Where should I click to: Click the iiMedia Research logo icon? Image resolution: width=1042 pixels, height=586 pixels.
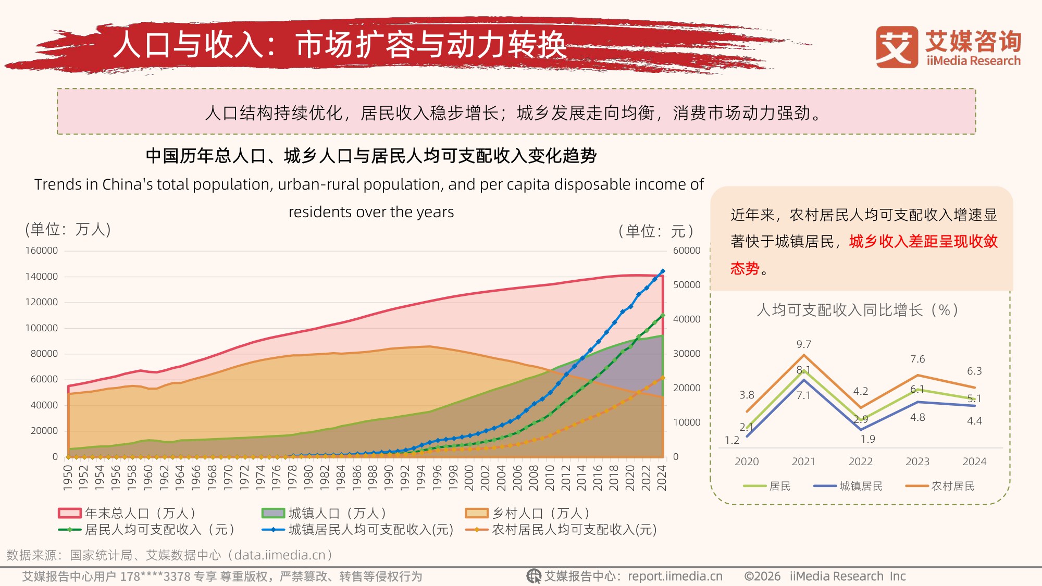point(896,47)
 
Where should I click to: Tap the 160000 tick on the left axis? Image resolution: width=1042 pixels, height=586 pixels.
point(42,251)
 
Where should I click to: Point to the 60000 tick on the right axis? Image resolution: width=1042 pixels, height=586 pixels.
point(686,251)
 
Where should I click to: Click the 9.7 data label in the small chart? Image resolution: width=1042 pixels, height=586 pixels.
point(803,344)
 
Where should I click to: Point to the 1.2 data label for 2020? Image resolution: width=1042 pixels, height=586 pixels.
point(732,440)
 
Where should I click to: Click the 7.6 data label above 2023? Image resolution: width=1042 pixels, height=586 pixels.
point(917,359)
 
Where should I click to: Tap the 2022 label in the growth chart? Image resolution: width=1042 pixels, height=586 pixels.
point(861,462)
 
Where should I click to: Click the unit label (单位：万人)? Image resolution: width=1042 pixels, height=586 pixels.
point(68,229)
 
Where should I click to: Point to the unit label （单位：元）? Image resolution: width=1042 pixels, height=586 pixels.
point(656,231)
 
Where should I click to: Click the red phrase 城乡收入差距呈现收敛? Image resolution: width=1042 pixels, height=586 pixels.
point(923,242)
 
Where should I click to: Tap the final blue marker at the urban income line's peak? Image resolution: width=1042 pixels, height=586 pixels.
point(663,271)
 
